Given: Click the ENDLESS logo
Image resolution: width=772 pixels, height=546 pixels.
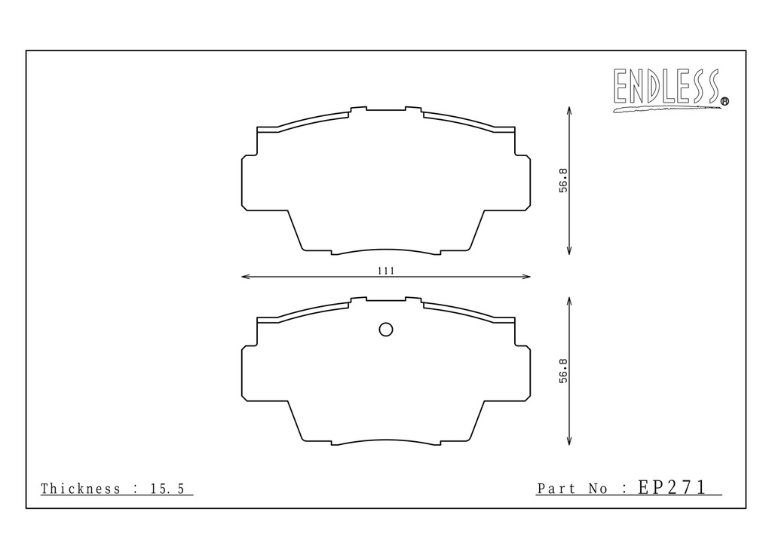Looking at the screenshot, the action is point(667,89).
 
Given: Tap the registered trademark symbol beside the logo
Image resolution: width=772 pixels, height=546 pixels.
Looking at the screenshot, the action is point(725,102).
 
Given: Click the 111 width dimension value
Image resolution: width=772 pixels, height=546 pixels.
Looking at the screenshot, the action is point(386,271).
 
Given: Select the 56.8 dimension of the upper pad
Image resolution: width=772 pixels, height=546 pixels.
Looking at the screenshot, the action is point(563,180).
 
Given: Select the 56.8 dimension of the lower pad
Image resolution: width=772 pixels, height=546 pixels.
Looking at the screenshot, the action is point(563,371).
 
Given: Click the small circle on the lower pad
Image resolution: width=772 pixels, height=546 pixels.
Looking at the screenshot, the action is point(386,330).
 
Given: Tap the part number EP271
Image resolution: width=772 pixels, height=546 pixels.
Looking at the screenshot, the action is point(672,487).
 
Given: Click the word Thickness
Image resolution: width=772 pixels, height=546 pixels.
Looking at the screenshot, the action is point(80,489).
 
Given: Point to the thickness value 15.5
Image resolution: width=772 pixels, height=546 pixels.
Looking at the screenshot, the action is point(167,489).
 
